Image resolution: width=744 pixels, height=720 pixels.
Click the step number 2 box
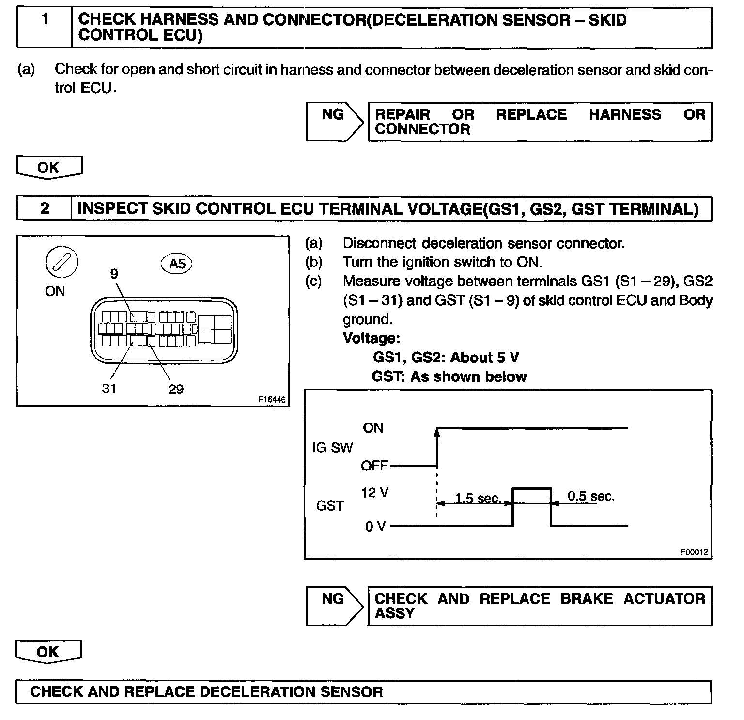(45, 208)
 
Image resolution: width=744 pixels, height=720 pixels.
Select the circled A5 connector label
(177, 263)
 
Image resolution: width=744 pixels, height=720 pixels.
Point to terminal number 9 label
(114, 274)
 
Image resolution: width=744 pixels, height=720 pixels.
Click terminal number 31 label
(109, 388)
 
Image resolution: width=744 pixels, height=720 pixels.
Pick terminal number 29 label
(176, 389)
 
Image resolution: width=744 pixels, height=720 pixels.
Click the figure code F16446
(272, 400)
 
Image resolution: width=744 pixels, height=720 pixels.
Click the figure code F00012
(694, 552)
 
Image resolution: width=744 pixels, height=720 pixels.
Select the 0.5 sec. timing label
(591, 496)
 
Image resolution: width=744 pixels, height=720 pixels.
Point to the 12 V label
(374, 493)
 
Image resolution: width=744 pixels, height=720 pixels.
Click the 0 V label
(375, 527)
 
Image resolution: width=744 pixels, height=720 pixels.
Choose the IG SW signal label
(333, 447)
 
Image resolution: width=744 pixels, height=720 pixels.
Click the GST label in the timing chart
(330, 506)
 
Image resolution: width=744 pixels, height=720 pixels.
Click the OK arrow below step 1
(49, 168)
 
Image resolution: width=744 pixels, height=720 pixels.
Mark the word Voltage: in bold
(372, 338)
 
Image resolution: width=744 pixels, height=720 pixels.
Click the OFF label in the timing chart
(374, 466)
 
